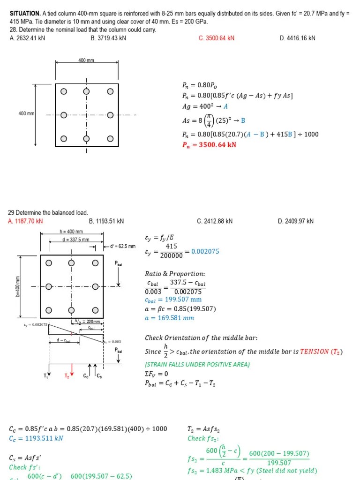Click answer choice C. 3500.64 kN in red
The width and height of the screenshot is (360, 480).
[x=216, y=38]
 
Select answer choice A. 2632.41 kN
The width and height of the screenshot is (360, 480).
[x=27, y=38]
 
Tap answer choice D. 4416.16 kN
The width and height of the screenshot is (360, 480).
[x=297, y=38]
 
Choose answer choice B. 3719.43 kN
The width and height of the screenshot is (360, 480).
[x=108, y=38]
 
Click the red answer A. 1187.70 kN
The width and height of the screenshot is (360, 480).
[x=26, y=221]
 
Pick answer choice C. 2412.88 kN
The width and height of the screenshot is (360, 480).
[x=215, y=221]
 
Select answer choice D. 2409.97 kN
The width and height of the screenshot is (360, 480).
[x=295, y=221]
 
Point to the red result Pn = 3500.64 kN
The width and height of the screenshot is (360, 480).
[x=209, y=145]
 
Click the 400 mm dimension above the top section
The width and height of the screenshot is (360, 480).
[x=86, y=60]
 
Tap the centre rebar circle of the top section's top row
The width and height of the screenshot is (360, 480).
[x=86, y=91]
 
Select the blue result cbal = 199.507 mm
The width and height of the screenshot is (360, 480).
[x=173, y=300]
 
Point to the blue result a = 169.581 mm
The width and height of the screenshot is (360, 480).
[x=169, y=318]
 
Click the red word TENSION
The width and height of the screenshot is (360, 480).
[x=315, y=352]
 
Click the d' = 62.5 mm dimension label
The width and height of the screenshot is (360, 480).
[x=123, y=246]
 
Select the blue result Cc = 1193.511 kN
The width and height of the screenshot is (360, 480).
[x=36, y=438]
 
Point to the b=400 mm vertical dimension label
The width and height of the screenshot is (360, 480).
[x=18, y=286]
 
